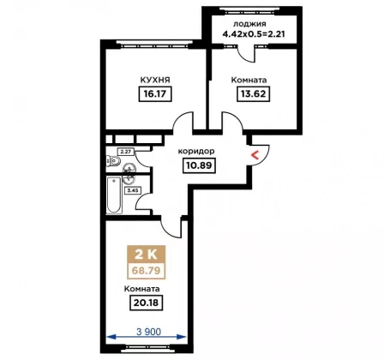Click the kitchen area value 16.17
pyautogui.click(x=155, y=94)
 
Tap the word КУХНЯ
pyautogui.click(x=155, y=80)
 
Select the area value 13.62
pyautogui.click(x=254, y=93)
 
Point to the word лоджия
pyautogui.click(x=249, y=24)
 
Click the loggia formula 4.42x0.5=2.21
pyautogui.click(x=254, y=34)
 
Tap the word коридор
pyautogui.click(x=196, y=151)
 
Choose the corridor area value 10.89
pyautogui.click(x=199, y=165)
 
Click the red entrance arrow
pyautogui.click(x=255, y=155)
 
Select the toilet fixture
pyautogui.click(x=113, y=161)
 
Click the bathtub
pyautogui.click(x=114, y=195)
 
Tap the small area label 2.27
pyautogui.click(x=125, y=152)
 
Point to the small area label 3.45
pyautogui.click(x=133, y=190)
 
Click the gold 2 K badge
pyautogui.click(x=146, y=255)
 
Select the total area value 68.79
pyautogui.click(x=146, y=270)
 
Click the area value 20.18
pyautogui.click(x=147, y=303)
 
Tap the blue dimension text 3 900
pyautogui.click(x=148, y=332)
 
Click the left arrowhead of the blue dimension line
pyautogui.click(x=111, y=337)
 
